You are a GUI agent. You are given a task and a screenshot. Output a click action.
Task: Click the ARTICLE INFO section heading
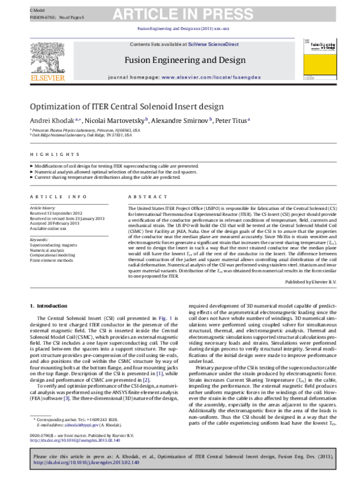(x=53, y=196)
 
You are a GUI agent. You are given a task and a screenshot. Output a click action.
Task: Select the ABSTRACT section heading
(x=143, y=196)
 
